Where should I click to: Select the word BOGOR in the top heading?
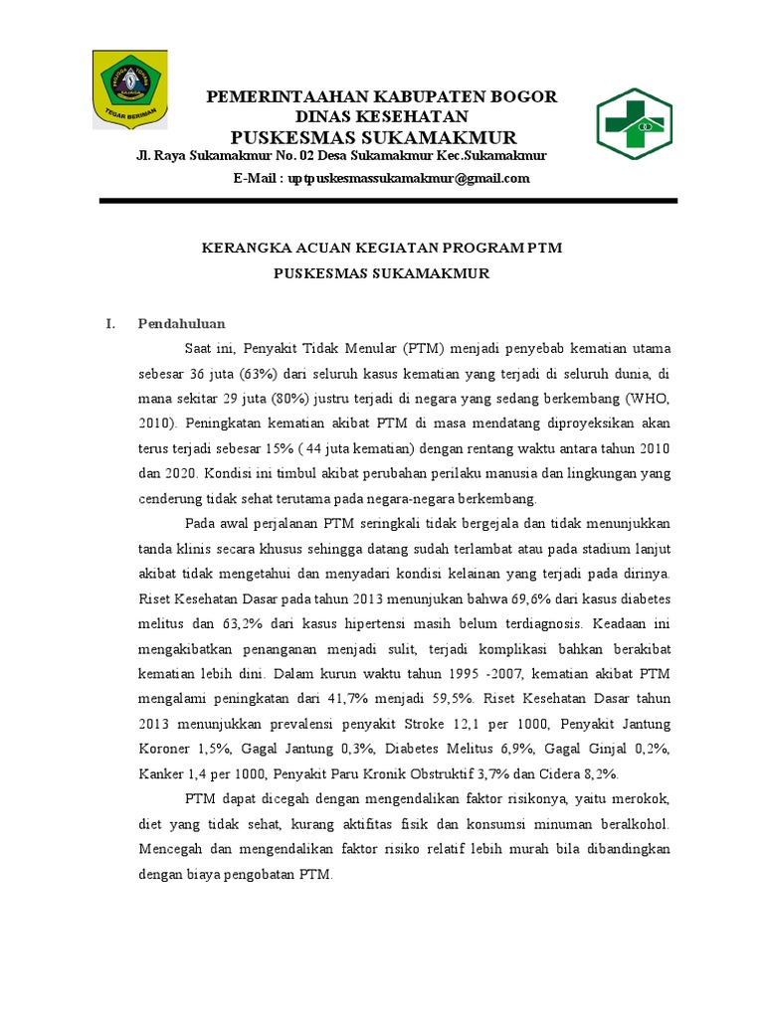(523, 96)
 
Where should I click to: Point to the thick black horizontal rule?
(388, 201)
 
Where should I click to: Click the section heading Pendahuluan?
(182, 323)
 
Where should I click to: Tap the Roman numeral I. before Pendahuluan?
(111, 323)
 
